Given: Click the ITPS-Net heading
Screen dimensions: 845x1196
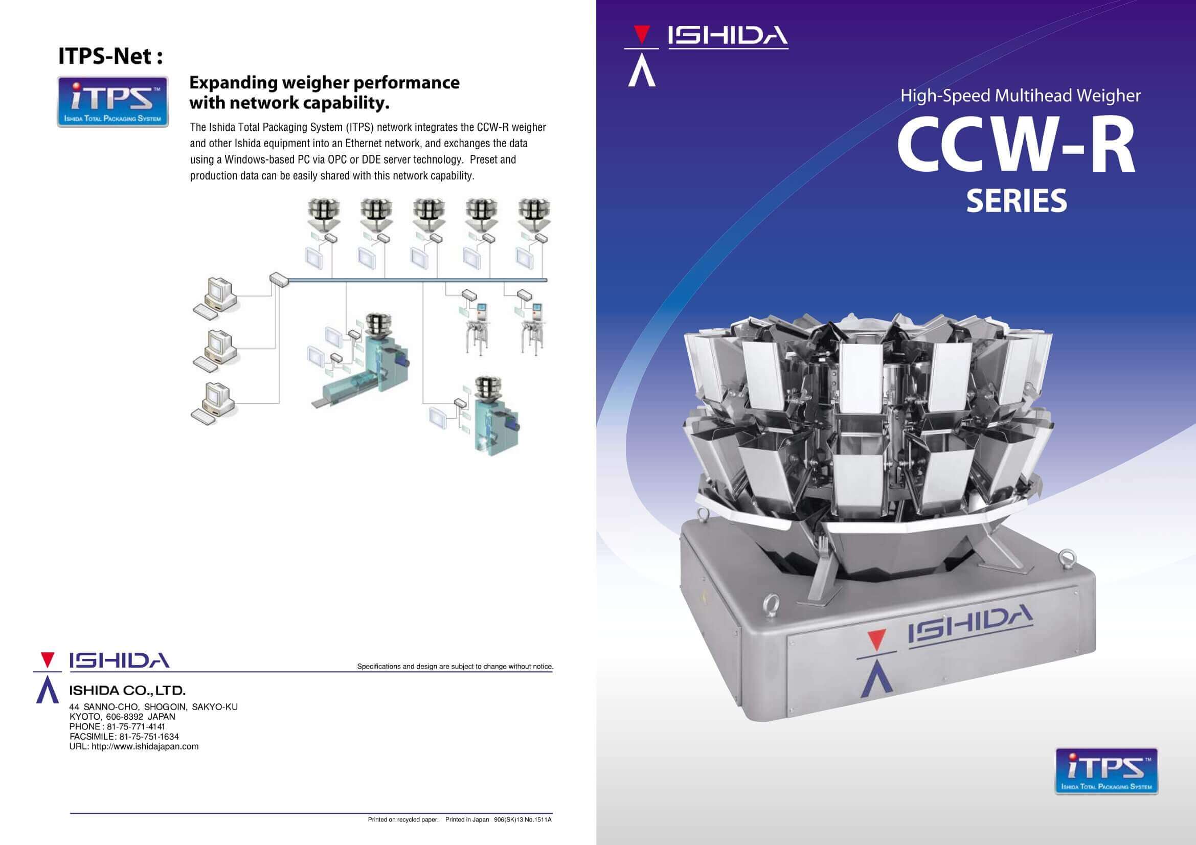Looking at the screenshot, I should point(110,56).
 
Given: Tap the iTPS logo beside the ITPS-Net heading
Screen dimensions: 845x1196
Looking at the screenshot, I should point(112,102).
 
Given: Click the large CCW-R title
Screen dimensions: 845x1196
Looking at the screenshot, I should point(1017,149).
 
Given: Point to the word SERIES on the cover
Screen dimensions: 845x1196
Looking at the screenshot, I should point(1017,201).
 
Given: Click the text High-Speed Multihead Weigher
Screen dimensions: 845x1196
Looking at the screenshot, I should point(1021,96).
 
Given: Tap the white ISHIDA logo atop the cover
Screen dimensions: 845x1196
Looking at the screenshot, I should point(728,36).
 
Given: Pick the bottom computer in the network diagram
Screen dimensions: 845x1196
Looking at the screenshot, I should point(214,403).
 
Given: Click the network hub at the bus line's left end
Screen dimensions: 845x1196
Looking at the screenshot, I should point(279,280).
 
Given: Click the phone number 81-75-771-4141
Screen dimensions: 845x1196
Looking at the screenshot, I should point(136,727).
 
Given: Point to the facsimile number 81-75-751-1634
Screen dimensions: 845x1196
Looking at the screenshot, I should point(148,737).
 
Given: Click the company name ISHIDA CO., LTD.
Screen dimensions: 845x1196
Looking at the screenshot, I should point(128,691).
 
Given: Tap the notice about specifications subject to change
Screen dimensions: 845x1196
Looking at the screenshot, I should point(455,667).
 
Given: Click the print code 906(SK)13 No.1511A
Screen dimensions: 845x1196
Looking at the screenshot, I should point(523,819).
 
